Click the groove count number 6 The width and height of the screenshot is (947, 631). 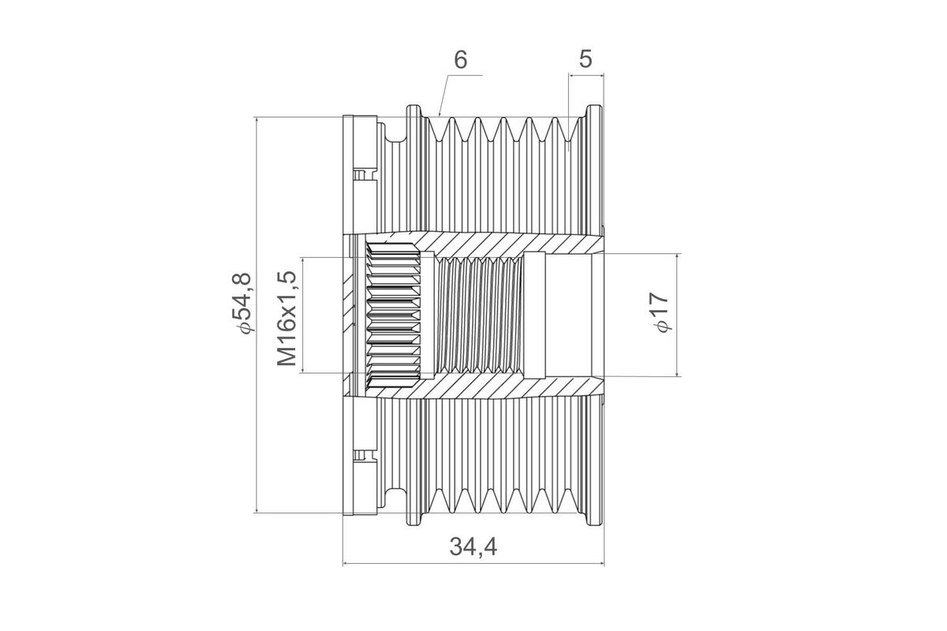[x=461, y=60]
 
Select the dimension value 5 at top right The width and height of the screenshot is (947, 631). [x=586, y=60]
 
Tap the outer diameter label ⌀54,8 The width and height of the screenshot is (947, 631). [x=241, y=304]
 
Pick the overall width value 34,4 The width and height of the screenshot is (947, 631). [x=473, y=546]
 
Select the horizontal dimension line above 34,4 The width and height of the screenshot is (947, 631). [x=473, y=564]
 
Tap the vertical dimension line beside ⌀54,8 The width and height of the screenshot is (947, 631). [x=258, y=315]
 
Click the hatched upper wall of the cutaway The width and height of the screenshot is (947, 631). [x=505, y=245]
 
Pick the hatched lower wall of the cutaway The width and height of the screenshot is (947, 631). [x=505, y=386]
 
